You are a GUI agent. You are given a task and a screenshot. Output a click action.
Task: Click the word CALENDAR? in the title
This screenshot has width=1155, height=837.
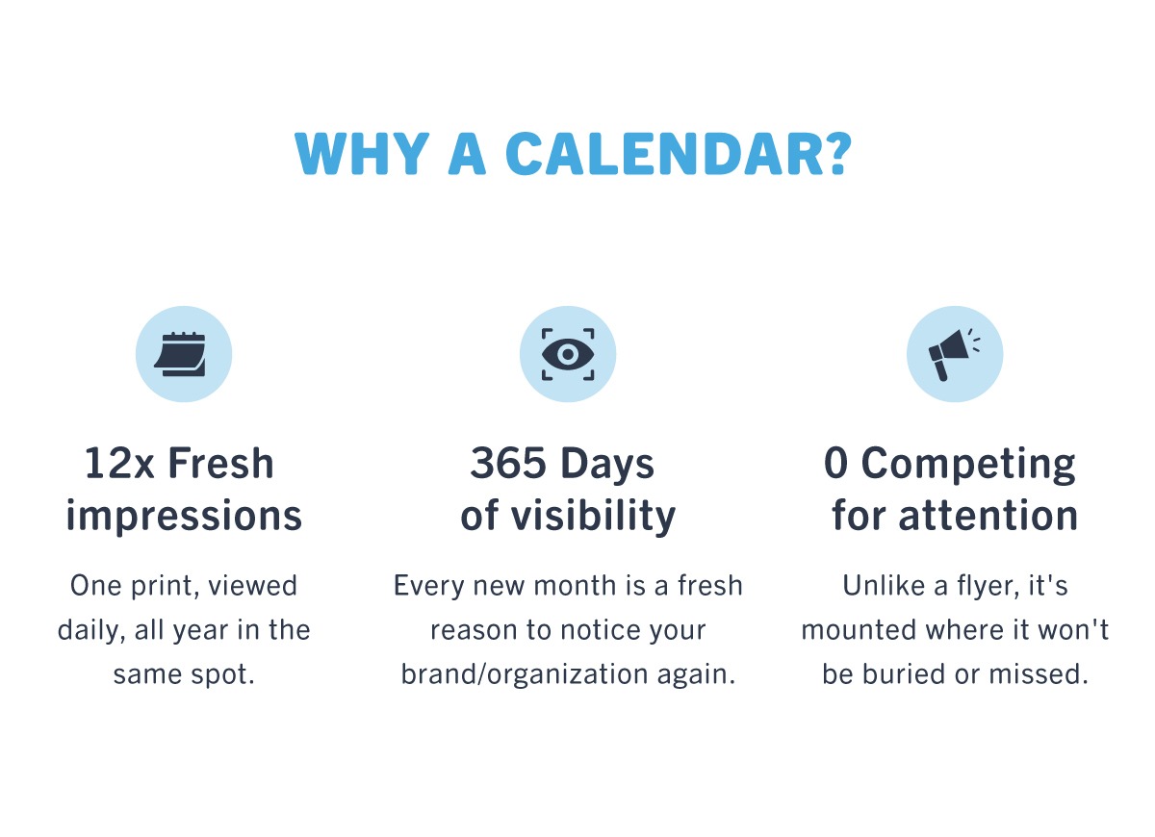coord(678,153)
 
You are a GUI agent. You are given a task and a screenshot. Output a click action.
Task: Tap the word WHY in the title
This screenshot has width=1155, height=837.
coord(362,154)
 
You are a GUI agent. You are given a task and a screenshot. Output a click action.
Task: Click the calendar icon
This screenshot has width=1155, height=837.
coord(180,354)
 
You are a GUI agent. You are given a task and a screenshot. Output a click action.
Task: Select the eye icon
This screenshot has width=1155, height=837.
coord(568,354)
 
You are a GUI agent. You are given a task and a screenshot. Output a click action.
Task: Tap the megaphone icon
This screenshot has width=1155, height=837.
coord(954,355)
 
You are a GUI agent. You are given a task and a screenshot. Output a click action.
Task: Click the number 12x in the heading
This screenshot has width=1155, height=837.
coord(119,463)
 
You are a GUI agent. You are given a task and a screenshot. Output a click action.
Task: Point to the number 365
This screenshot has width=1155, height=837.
coord(508,463)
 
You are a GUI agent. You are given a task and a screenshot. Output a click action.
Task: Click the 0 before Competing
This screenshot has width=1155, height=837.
coord(835,463)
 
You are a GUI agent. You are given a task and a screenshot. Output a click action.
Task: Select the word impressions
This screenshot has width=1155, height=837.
coord(184,515)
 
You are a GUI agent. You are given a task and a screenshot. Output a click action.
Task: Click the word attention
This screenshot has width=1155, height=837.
coord(988,515)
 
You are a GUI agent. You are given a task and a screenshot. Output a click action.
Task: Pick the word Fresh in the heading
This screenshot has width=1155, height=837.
coord(220,463)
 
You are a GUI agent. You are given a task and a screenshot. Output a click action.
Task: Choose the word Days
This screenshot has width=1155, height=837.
coord(607,464)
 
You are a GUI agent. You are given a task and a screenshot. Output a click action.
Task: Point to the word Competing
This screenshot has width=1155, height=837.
coord(968,465)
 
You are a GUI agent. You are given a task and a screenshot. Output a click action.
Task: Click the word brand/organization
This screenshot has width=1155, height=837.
coord(525,674)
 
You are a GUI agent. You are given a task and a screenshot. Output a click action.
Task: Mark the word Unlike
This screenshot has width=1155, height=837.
coord(884,586)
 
